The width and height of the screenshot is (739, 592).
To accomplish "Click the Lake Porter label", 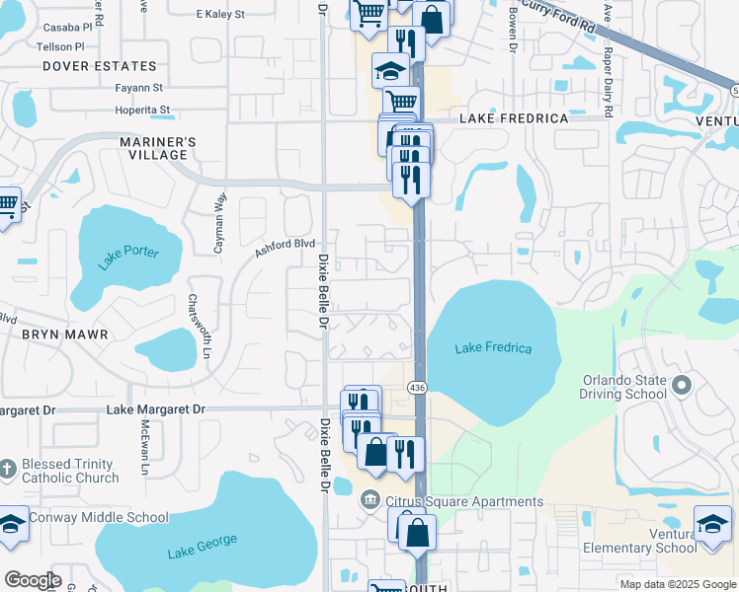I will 128,259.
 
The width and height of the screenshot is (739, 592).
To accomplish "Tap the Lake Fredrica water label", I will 493,348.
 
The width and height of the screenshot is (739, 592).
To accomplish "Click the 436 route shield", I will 417,389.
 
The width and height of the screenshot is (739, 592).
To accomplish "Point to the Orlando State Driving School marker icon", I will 680,383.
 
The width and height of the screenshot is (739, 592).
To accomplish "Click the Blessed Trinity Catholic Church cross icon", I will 8,465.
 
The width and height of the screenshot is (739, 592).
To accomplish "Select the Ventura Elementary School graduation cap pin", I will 712,523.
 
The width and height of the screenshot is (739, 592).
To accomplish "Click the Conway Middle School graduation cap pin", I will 12,524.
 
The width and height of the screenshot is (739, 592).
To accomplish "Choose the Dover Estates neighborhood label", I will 100,66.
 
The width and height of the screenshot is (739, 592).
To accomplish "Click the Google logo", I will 33,580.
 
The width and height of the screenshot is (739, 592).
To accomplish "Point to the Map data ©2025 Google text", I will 677,583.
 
